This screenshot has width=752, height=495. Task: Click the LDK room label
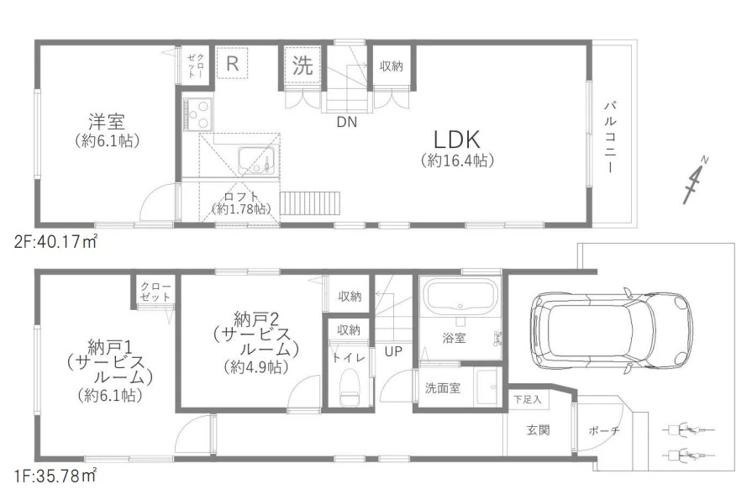456,140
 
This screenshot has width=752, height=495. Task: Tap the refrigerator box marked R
232,62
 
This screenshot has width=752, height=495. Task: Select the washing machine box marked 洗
302,65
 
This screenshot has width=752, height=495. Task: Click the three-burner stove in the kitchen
198,114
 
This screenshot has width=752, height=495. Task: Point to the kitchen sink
256,161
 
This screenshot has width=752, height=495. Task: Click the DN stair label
347,123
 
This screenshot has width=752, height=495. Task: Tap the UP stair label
393,351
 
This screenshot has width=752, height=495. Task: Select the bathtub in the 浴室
460,297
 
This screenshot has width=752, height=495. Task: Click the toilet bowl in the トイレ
349,387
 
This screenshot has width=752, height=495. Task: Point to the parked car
612,331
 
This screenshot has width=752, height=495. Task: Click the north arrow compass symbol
696,180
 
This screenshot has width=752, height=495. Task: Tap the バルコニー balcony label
610,137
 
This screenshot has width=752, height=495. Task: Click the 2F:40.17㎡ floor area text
55,242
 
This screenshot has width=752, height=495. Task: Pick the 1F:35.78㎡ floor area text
55,477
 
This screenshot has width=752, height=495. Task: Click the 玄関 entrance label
538,430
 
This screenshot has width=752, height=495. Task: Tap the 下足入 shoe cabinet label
527,399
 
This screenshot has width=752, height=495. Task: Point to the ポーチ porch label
604,431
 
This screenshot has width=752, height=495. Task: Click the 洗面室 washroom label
442,388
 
